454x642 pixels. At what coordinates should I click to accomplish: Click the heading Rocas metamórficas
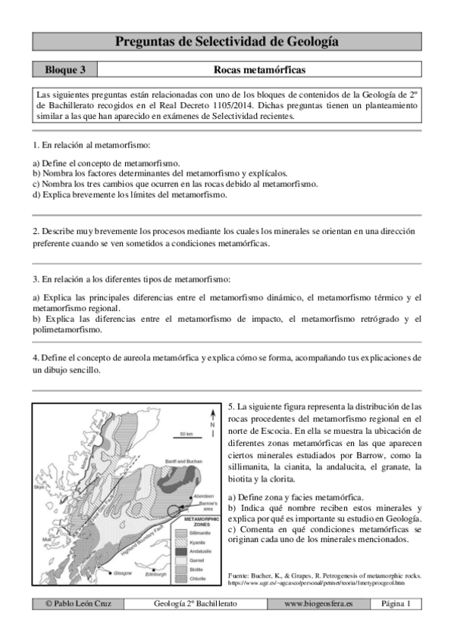coord(259,70)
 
